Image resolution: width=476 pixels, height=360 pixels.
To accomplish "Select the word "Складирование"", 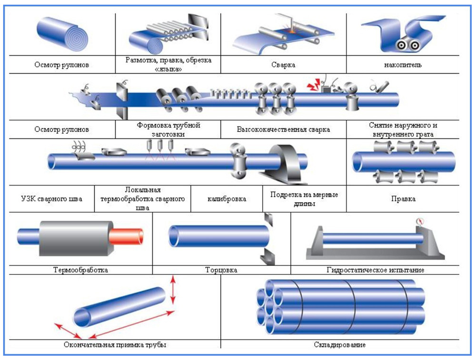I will (340, 345).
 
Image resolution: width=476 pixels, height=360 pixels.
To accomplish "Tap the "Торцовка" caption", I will (221, 270).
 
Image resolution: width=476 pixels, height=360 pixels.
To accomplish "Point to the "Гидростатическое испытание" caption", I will (376, 270).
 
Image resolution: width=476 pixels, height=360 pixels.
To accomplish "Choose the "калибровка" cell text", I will (227, 199).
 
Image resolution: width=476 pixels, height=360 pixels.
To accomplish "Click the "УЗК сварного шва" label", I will (51, 199).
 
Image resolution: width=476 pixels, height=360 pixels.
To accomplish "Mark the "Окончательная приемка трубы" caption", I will (115, 345).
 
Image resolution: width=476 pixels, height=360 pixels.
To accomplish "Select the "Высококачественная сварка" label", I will (283, 129).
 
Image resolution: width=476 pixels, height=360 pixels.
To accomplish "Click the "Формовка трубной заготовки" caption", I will (168, 129).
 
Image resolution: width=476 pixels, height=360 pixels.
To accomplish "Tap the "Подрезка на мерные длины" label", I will (304, 199).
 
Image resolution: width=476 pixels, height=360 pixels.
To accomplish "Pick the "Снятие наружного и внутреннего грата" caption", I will (403, 129).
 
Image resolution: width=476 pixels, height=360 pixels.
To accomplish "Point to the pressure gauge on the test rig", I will (419, 221).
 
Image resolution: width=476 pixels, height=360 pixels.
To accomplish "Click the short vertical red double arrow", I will (173, 290).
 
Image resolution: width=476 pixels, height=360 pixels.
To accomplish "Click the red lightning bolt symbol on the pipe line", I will (314, 85).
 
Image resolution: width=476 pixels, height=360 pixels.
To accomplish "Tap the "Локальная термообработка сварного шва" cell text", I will (143, 199).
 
